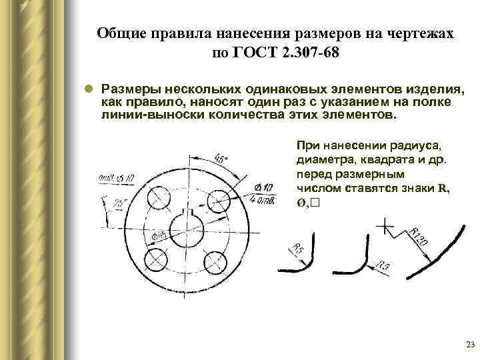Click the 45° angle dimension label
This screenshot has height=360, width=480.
coord(221,159)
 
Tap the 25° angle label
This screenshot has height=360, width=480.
coord(121,201)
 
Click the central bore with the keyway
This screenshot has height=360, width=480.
coord(187,229)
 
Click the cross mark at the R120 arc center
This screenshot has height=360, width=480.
coord(385,227)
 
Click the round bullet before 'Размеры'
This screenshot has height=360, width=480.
coord(87,89)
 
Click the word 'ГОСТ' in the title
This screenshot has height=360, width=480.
coord(252,53)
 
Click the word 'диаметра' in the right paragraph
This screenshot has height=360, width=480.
coord(323,159)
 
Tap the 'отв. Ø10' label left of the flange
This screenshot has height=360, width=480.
coord(115,177)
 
